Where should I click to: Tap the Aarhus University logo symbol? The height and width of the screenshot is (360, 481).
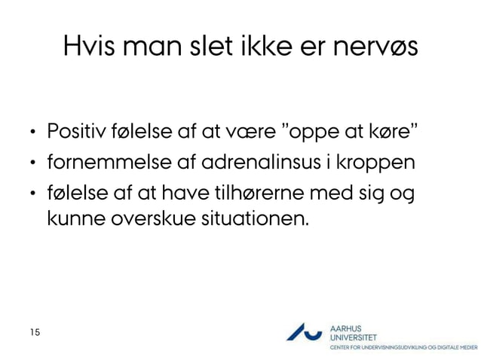tap(304, 332)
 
